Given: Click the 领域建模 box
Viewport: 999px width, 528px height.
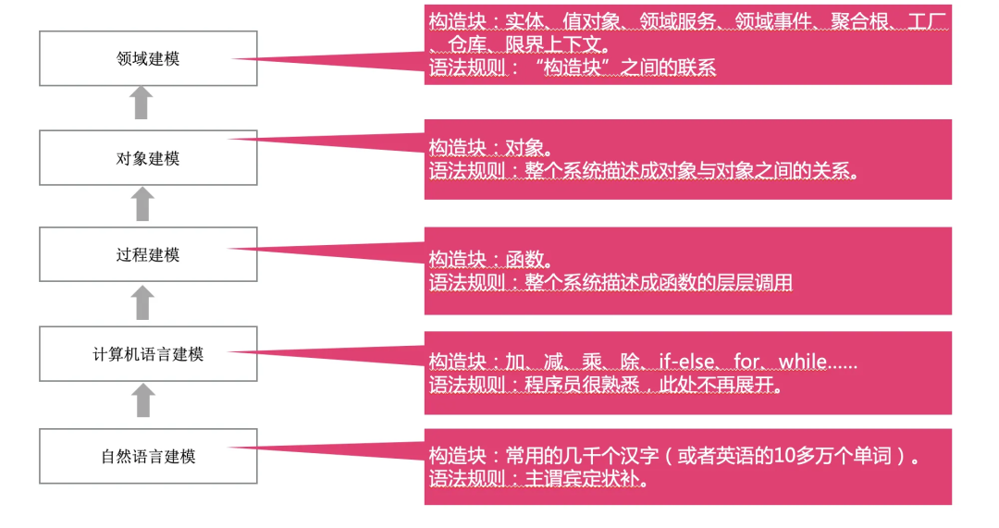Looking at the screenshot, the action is (x=148, y=58).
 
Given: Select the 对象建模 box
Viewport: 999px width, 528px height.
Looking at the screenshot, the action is (x=148, y=157).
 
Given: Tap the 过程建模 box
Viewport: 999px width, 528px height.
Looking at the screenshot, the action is (x=148, y=254).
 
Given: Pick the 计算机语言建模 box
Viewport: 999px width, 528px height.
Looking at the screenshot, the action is (x=148, y=353).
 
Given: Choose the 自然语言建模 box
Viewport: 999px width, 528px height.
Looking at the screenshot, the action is (x=148, y=456).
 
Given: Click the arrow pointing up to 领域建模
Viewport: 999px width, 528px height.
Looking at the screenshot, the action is (x=142, y=103).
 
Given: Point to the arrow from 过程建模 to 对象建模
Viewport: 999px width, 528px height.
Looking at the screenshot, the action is (x=142, y=203).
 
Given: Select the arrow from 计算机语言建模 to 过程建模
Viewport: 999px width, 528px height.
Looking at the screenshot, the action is (x=142, y=302).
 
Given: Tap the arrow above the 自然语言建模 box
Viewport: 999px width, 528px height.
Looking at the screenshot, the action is (x=142, y=400).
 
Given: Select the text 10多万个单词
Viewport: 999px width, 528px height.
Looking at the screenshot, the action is (x=818, y=456).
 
